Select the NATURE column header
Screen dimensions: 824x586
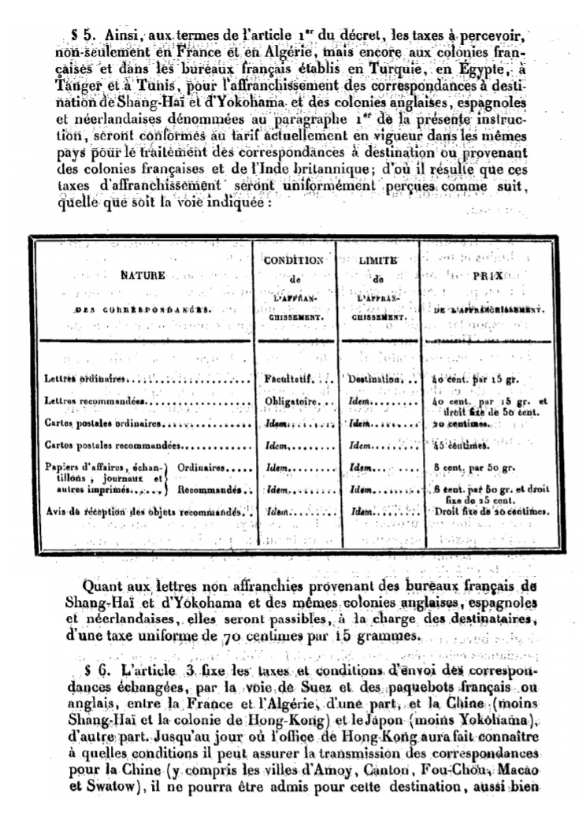(143, 277)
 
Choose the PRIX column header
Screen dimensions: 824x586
(488, 276)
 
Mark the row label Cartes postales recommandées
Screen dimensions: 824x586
(113, 445)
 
